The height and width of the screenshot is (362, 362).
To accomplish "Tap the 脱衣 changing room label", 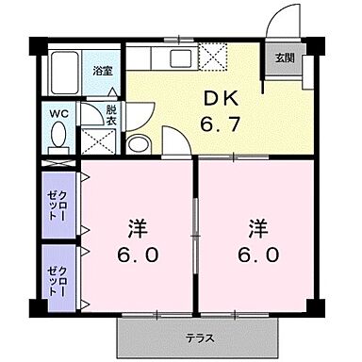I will (x=111, y=114).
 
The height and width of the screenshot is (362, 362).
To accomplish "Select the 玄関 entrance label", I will (x=284, y=57).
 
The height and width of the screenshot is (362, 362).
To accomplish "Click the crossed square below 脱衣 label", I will (x=98, y=140).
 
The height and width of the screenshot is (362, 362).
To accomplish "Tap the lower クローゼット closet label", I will (x=58, y=275).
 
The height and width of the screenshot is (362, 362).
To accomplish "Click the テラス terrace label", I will (x=199, y=337).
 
